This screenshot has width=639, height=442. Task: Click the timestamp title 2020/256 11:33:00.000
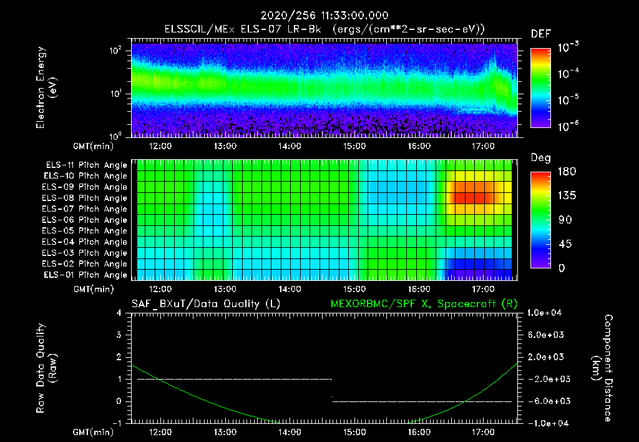click(319, 16)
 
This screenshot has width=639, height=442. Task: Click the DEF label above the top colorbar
click(540, 34)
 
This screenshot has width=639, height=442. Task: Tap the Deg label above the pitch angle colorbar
click(540, 158)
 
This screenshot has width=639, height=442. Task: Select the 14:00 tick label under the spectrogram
click(290, 146)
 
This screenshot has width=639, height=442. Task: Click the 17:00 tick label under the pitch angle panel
click(483, 290)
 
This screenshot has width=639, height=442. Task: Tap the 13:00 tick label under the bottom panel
click(225, 432)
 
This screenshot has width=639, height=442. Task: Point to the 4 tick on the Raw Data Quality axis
click(119, 313)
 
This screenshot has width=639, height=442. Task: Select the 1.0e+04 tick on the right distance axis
click(547, 313)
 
